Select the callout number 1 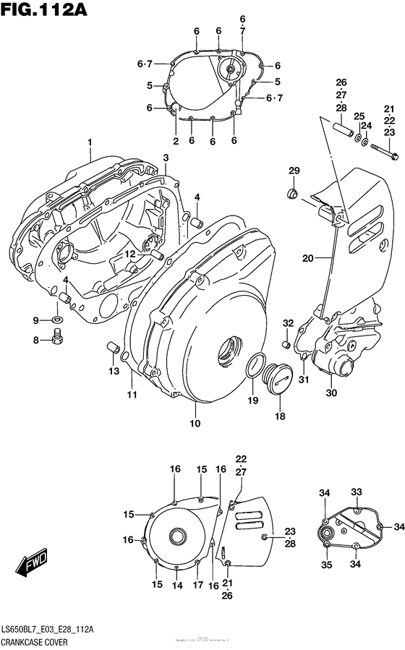90,142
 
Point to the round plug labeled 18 278,377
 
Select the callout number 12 128,254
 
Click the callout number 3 166,158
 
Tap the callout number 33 356,492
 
